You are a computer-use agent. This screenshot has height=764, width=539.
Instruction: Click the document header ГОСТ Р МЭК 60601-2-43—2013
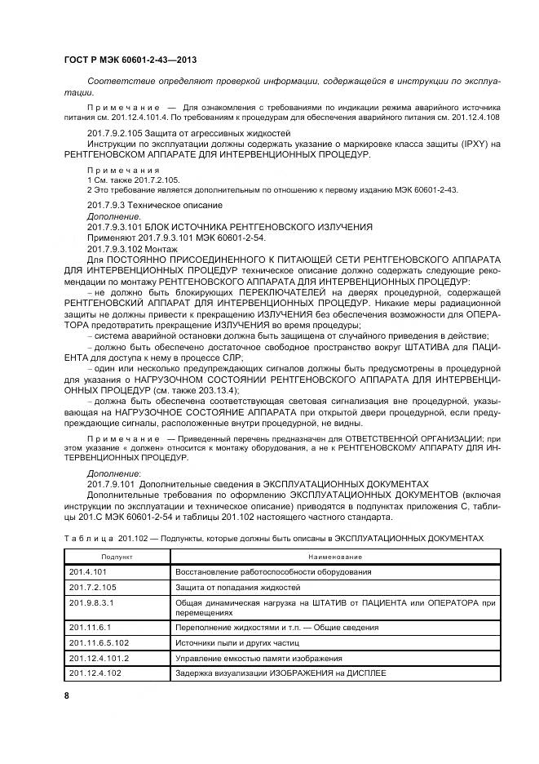[130, 60]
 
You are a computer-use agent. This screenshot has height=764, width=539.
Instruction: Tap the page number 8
[67, 695]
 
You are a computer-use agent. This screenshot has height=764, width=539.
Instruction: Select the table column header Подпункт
[117, 556]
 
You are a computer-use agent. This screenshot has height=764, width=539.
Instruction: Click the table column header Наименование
[335, 556]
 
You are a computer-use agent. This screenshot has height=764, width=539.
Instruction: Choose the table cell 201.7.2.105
[91, 587]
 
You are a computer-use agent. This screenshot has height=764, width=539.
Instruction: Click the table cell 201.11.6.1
[89, 627]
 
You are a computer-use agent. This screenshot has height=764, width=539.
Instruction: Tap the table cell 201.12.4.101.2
[98, 658]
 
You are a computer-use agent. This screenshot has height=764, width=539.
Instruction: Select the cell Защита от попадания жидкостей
[238, 587]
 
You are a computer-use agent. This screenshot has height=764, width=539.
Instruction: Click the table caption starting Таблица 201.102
[273, 539]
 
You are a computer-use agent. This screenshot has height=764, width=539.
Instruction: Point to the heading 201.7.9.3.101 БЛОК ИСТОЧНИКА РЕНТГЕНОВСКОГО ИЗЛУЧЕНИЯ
[229, 225]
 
